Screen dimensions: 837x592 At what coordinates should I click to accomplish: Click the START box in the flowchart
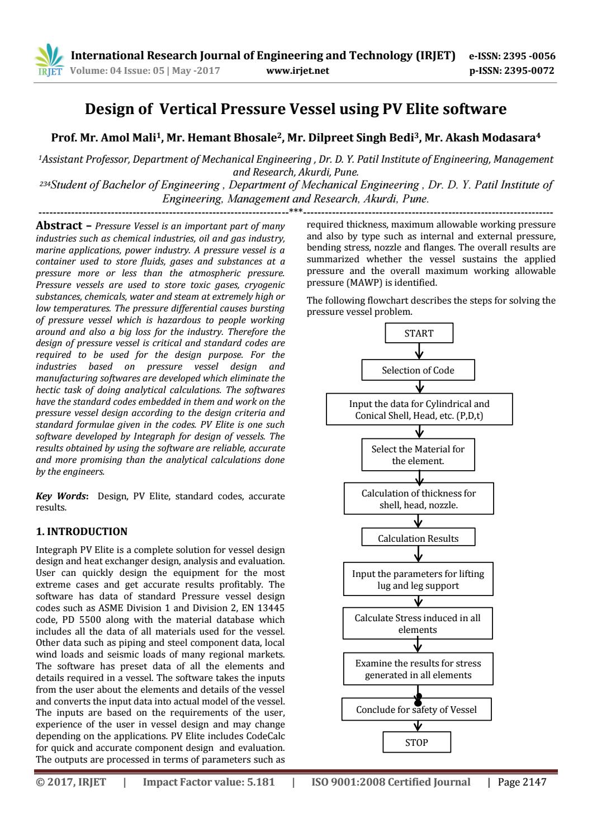pos(419,333)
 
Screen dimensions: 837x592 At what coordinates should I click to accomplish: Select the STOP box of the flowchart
pos(416,743)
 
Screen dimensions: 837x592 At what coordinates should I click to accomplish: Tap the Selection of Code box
pos(418,370)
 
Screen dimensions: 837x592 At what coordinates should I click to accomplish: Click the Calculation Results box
pos(418,538)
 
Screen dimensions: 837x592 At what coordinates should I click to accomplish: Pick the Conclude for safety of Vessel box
pos(416,710)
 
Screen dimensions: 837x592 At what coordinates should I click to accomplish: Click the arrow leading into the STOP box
pos(417,726)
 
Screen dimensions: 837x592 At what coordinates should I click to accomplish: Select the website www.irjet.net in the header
pos(298,71)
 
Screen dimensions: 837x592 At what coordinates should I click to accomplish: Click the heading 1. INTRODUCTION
pos(82,532)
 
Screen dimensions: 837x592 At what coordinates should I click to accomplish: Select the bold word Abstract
pos(59,226)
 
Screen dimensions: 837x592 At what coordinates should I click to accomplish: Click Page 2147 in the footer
pos(522,782)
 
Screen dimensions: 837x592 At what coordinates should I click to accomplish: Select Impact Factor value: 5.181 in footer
pos(209,782)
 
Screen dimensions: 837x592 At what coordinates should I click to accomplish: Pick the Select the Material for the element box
pos(418,455)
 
